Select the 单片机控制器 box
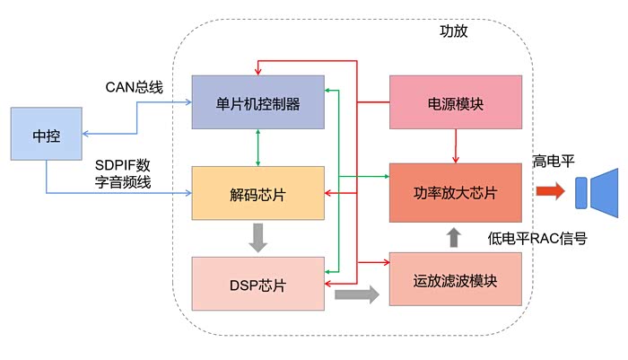click(x=257, y=101)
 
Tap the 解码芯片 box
click(x=257, y=193)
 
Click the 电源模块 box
click(x=456, y=101)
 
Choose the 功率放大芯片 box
click(x=456, y=192)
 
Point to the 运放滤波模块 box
click(x=456, y=279)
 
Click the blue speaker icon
click(x=597, y=190)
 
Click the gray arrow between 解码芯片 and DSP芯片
click(x=258, y=238)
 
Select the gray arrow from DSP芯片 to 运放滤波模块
click(x=356, y=294)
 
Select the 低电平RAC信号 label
click(x=537, y=239)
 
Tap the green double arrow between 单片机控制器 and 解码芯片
click(x=258, y=147)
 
